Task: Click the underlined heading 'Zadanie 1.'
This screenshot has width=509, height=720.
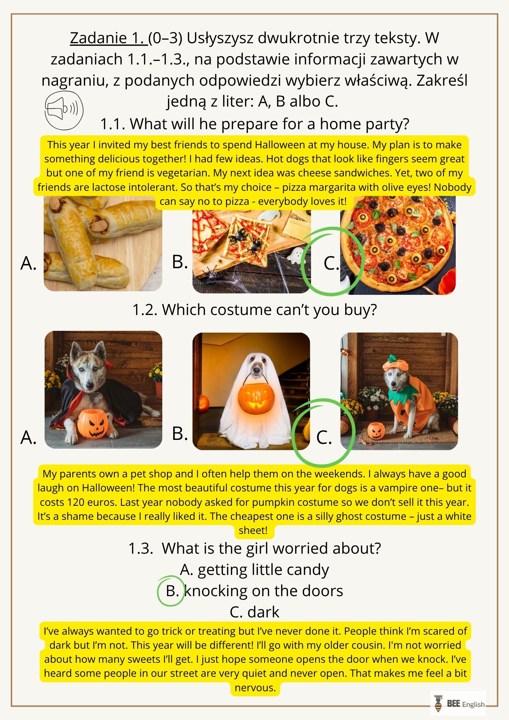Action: [109, 38]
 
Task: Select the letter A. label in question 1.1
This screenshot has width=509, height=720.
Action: [29, 263]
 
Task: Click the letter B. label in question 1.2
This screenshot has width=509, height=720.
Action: [180, 433]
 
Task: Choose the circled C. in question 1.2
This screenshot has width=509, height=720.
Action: [324, 437]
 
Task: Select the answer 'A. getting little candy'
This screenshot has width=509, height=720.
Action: [254, 570]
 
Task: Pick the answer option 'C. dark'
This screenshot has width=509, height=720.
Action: [254, 612]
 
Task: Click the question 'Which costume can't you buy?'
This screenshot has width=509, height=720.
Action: [255, 310]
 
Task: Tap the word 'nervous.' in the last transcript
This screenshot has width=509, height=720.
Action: [255, 688]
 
